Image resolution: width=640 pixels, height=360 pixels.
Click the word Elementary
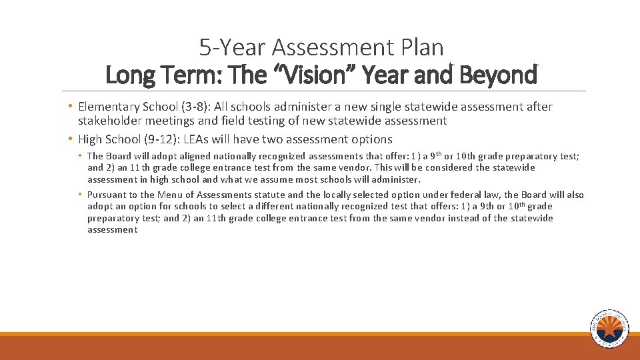[x=107, y=107]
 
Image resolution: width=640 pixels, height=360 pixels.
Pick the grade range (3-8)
[x=189, y=107]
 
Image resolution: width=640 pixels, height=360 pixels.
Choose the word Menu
[x=170, y=195]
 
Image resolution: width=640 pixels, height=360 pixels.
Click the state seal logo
[x=609, y=329]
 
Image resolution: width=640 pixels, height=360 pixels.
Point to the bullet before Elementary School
[x=70, y=107]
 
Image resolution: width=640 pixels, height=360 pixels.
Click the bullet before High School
[x=70, y=139]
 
